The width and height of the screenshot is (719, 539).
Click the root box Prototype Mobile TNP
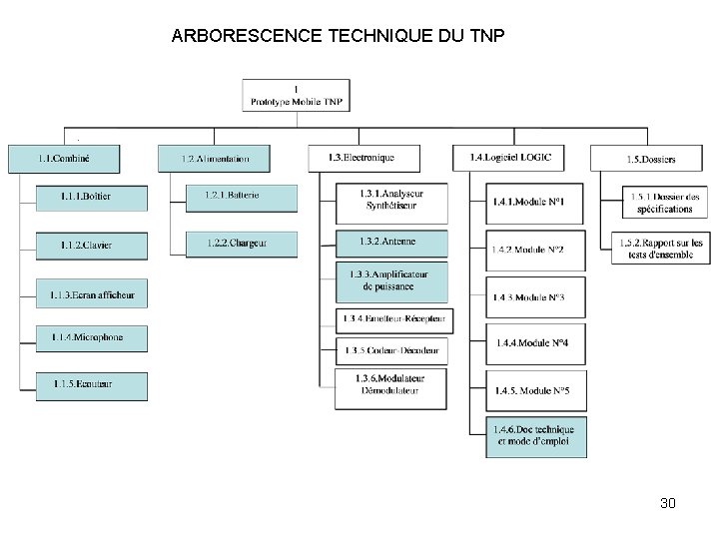296,95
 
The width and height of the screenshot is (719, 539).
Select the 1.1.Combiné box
64,159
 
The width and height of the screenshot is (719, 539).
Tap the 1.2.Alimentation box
215,159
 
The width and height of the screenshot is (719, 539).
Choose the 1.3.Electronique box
363,158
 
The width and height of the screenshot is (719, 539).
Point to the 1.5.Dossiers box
651,159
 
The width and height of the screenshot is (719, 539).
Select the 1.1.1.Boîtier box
91,198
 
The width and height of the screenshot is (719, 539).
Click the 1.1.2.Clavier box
91,246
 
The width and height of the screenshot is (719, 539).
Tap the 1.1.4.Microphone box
91,338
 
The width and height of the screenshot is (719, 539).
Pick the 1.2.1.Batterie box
241,197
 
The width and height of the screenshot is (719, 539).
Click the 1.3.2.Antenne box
391,242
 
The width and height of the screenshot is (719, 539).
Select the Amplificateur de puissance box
391,281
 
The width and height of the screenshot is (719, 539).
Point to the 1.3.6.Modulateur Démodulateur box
391,385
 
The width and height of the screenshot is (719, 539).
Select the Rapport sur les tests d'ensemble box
661,249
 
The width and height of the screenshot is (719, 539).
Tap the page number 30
668,503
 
